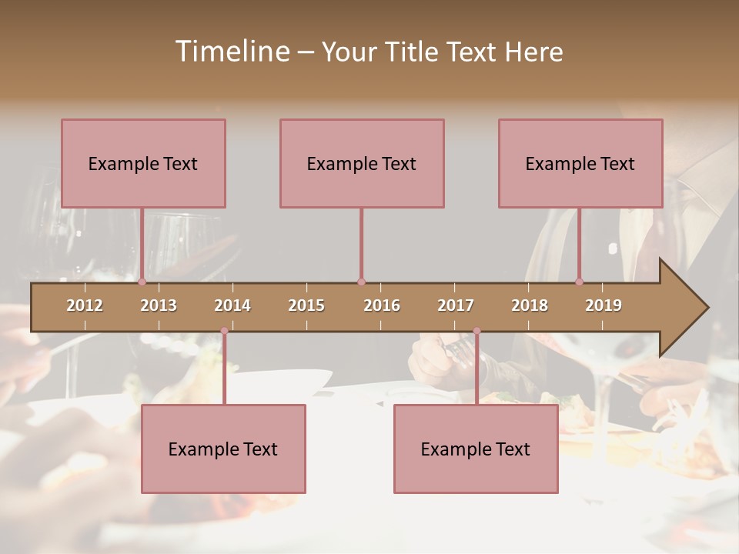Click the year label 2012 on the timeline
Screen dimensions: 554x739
tap(85, 305)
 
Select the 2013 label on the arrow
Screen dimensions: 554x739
tap(159, 305)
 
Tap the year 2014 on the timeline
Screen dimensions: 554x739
tap(232, 305)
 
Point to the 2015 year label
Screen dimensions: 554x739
tap(306, 305)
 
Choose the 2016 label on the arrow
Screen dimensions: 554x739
tap(382, 305)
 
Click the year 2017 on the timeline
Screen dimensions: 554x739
tap(456, 305)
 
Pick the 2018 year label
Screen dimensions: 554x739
tap(530, 305)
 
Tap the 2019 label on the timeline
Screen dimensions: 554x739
tap(604, 305)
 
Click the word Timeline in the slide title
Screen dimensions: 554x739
tap(231, 52)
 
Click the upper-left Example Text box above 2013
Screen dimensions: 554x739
tap(143, 163)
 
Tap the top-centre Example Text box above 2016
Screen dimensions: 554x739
tap(362, 163)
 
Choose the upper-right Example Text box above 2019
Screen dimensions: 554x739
tap(580, 163)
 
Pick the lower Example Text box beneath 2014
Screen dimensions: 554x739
tap(223, 449)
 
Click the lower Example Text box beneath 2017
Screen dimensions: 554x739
tap(476, 449)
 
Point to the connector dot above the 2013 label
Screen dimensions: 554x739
tap(142, 282)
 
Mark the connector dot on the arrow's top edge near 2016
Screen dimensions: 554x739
tap(361, 282)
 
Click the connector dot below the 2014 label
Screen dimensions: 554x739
tap(224, 331)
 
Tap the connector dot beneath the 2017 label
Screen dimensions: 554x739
tap(477, 331)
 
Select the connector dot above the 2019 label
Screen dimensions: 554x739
tap(580, 282)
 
